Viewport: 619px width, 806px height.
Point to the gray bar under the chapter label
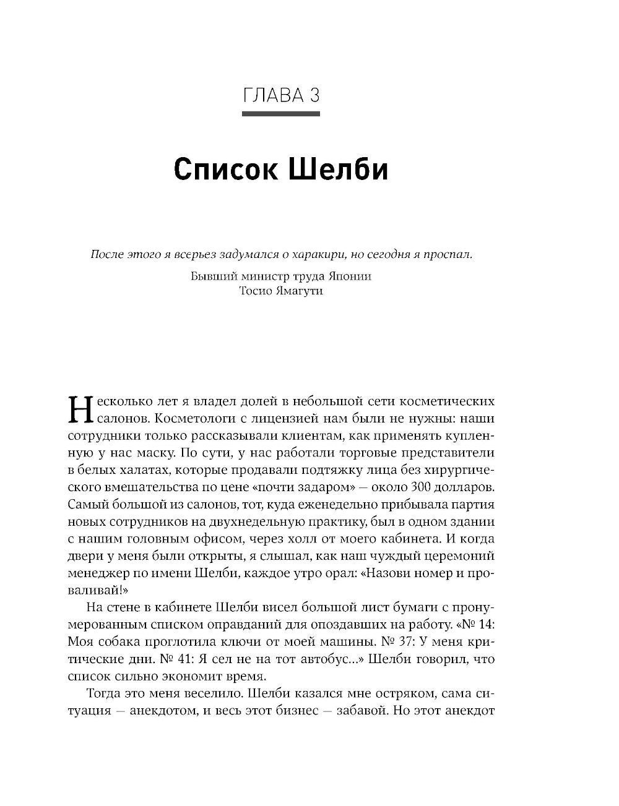(x=280, y=114)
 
